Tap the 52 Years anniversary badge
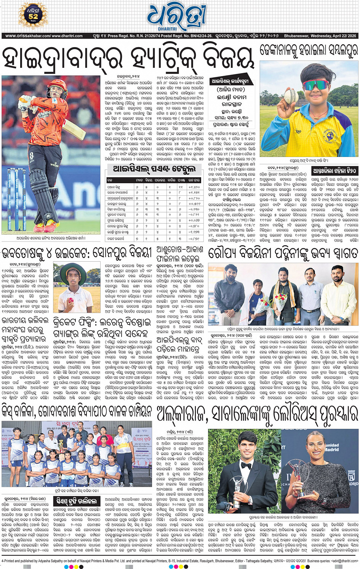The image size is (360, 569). tap(33, 16)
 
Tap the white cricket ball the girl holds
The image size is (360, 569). tap(292, 95)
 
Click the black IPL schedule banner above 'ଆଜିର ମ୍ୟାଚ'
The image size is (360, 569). tap(230, 82)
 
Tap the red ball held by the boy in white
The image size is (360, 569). tap(71, 300)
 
